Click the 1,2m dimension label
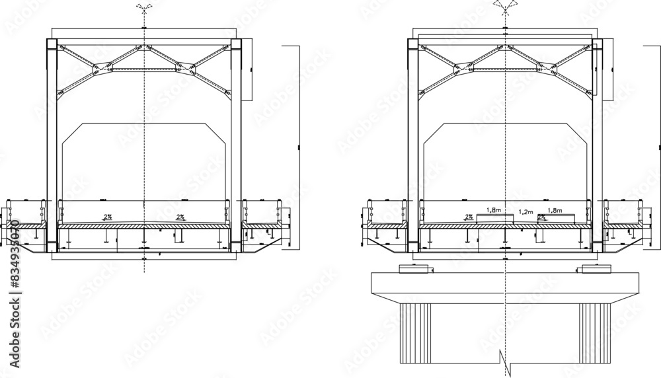click(525, 212)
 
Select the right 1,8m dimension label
click(555, 210)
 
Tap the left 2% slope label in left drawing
click(106, 216)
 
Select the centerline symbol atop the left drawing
click(143, 9)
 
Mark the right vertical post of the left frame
click(235, 145)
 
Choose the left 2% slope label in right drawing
click(468, 216)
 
